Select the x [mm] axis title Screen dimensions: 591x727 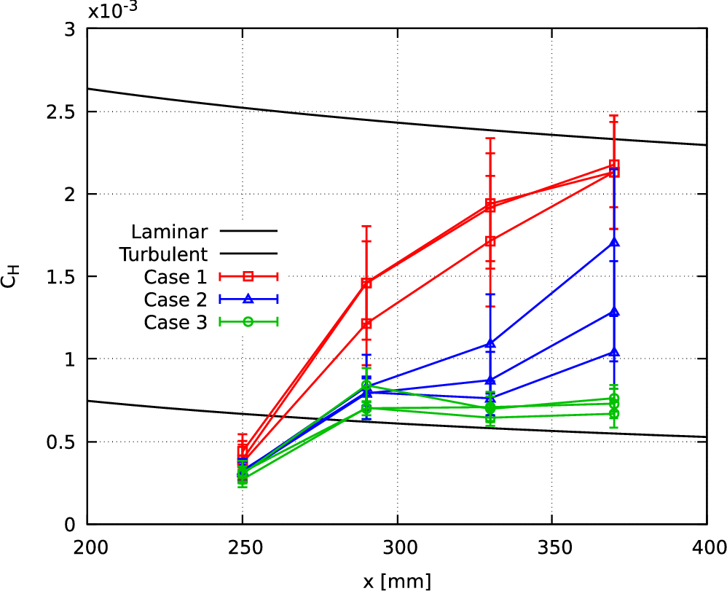tap(397, 581)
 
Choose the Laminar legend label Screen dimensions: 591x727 tap(170, 232)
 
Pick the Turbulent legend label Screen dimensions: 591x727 tap(165, 254)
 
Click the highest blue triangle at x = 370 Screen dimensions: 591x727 tap(614, 243)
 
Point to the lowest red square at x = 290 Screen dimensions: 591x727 tap(366, 323)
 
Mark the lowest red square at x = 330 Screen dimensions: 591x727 tap(490, 241)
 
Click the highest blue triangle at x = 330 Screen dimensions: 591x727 tap(490, 343)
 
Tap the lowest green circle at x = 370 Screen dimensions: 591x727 tap(614, 414)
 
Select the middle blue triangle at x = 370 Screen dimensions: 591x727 tap(614, 312)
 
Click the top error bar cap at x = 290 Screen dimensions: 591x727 tap(366, 226)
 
